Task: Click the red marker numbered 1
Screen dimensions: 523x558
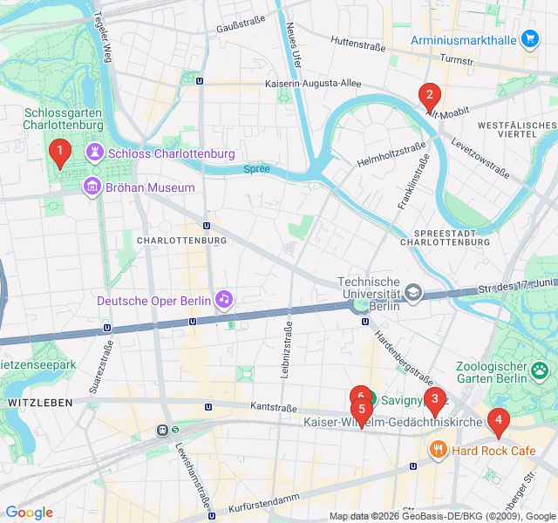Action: [59, 153]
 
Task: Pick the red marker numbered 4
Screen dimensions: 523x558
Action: [498, 422]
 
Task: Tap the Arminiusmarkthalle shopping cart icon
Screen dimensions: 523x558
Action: [529, 38]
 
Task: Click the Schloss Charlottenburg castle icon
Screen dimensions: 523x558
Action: [93, 153]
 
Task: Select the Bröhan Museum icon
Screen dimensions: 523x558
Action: [92, 187]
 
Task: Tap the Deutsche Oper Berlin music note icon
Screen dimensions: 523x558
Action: [225, 300]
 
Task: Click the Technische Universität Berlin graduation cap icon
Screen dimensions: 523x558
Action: [413, 293]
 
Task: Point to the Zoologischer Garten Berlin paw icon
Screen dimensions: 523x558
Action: [541, 372]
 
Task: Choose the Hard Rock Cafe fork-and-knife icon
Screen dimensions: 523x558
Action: [438, 450]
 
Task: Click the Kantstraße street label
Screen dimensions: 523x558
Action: [274, 407]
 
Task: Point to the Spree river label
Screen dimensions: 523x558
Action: [256, 168]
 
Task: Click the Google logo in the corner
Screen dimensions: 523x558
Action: [29, 513]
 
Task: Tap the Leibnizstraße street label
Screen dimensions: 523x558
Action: [285, 349]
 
